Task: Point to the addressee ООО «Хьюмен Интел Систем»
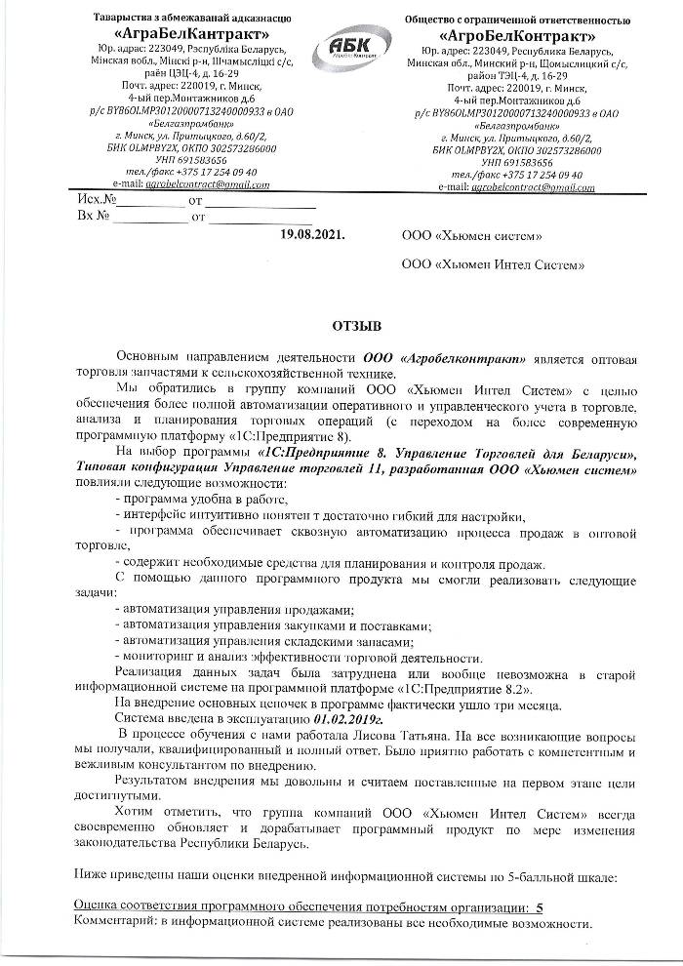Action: coord(494,264)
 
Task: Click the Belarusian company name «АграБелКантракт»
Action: coord(175,31)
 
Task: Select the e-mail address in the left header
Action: coord(206,184)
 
